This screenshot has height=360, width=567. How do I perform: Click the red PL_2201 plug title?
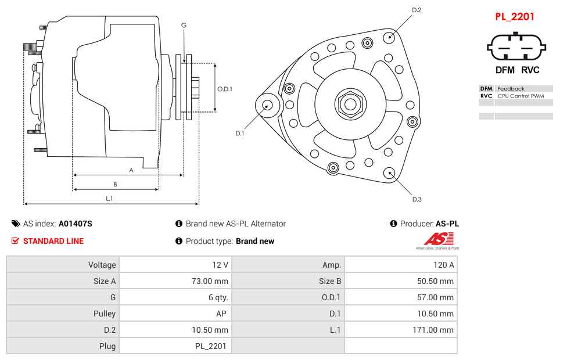coord(514,17)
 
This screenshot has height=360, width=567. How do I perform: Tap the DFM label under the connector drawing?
coord(504,70)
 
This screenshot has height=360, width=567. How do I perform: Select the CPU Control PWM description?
coord(521,96)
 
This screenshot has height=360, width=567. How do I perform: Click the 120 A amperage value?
coord(443,265)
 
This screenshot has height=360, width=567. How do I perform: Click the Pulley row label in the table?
coord(105,314)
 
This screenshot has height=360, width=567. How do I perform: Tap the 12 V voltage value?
coord(220,265)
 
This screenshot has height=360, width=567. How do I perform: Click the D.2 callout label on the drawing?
coord(417,10)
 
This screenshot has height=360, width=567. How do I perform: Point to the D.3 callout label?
coord(417,199)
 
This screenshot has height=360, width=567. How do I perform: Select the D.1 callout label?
coord(239,133)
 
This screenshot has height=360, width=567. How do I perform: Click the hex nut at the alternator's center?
coord(350,105)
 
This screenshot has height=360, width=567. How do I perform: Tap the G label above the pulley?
coord(184,25)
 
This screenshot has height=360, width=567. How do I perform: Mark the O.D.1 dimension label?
coord(225,89)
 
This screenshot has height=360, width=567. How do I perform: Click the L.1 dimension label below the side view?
coord(109,198)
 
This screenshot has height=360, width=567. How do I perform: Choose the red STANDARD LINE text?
coord(53,241)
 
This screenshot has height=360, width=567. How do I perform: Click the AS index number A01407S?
coord(76,224)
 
